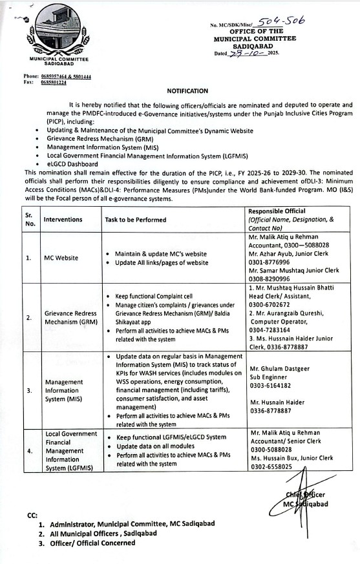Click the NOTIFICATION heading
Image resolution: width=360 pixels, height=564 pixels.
(x=188, y=91)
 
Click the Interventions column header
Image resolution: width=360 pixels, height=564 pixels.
(x=63, y=220)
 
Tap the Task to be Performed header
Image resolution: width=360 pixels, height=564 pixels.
(x=135, y=220)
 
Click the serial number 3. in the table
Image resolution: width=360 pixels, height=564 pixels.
(x=28, y=390)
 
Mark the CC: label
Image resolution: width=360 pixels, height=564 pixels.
(x=32, y=516)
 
